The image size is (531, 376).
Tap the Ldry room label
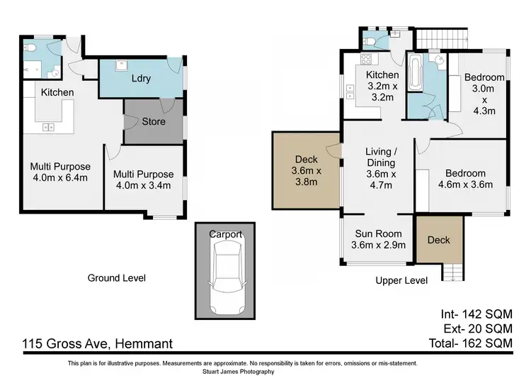tap(141, 78)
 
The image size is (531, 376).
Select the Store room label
tap(154, 121)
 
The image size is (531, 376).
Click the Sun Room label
tap(378, 233)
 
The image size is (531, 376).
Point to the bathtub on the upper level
tap(413, 72)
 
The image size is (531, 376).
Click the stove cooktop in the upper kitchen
tap(366, 60)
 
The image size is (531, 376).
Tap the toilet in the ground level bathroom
tap(28, 47)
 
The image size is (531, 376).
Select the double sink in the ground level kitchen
tap(48, 127)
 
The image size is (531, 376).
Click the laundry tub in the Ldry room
tap(121, 65)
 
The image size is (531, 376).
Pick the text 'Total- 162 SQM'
tap(470, 343)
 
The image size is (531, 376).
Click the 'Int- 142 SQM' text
tap(476, 314)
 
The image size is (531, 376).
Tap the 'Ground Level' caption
tap(117, 278)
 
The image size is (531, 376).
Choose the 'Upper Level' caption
tap(401, 280)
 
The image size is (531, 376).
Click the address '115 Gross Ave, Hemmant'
tap(98, 344)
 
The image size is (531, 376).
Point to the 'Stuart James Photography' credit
tap(239, 372)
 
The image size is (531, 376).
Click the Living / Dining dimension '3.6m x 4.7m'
tap(381, 179)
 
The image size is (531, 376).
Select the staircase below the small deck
tap(452, 272)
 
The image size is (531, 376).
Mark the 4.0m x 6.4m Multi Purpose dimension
tap(60, 177)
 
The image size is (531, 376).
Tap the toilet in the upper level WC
tap(368, 42)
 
